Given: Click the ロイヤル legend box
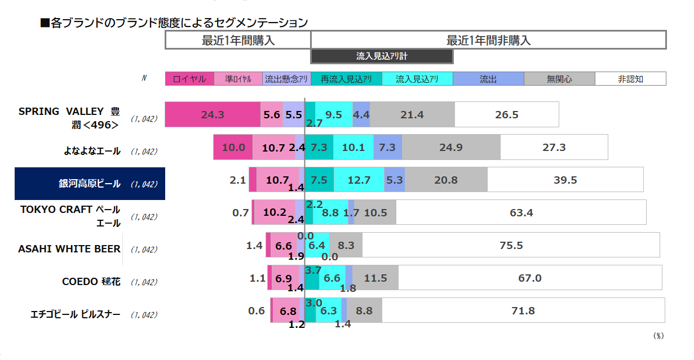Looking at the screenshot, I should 189,79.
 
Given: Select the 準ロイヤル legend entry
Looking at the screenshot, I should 238,79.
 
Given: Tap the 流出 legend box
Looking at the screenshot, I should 488,79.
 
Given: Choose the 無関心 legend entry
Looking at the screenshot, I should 559,79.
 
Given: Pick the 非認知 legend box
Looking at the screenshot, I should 630,79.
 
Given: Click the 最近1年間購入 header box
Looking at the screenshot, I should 238,40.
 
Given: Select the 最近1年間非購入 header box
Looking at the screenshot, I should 488,40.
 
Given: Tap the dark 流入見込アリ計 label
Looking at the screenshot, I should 382,56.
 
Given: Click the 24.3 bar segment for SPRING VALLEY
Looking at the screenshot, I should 213,114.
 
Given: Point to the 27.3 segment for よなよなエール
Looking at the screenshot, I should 554,147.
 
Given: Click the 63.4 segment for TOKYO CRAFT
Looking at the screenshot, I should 521,212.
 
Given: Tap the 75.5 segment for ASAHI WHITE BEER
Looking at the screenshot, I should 511,245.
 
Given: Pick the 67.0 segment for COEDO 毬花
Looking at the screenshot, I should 530,278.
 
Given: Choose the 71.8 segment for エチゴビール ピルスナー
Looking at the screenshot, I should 523,310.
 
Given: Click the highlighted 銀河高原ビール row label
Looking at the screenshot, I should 90,184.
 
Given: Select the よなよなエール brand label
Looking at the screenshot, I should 91,150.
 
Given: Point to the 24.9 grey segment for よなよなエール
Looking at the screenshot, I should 451,147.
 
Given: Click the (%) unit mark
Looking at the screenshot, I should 658,336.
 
